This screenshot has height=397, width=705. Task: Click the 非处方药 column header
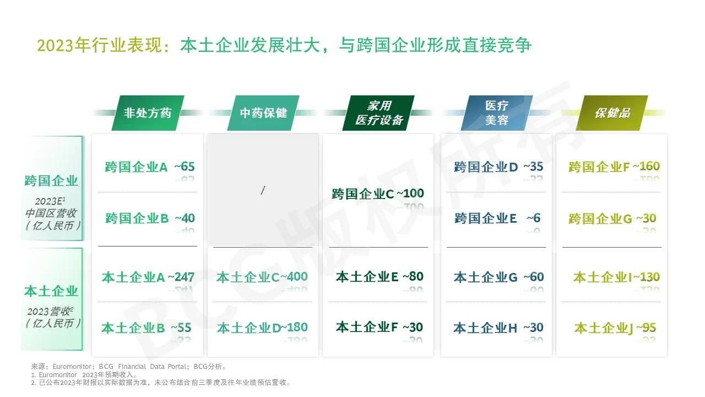click(148, 113)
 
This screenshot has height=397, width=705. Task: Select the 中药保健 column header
click(263, 113)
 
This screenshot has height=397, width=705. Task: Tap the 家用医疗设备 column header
click(379, 113)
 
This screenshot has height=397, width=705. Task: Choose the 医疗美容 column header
click(496, 113)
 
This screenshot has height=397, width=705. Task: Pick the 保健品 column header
click(612, 113)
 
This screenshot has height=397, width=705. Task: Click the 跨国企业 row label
click(52, 181)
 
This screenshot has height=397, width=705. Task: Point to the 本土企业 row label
click(52, 291)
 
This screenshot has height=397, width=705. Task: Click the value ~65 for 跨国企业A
click(185, 167)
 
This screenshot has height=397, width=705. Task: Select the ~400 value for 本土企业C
click(293, 277)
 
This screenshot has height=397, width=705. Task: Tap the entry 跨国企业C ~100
click(378, 194)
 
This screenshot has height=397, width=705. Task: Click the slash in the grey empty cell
click(263, 190)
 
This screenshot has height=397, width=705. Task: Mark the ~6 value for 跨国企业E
click(533, 218)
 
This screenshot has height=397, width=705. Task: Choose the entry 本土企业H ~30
click(498, 328)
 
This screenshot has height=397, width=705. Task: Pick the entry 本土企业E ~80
click(379, 277)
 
